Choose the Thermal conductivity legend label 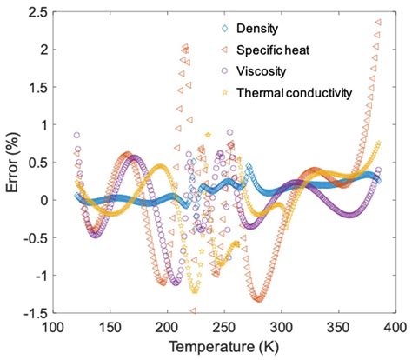click(x=302, y=90)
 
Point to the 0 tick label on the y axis click(x=39, y=200)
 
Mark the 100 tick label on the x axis click(x=54, y=327)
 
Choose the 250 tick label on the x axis click(x=224, y=327)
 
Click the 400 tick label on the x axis click(x=393, y=327)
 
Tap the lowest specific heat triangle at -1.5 click(x=193, y=310)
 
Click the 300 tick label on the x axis click(x=281, y=327)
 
